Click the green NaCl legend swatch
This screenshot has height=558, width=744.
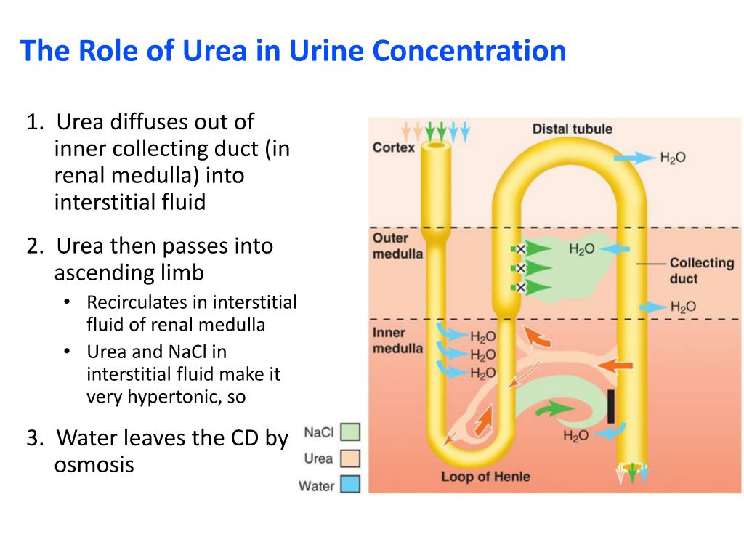coord(350,432)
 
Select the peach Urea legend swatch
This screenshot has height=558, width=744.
coord(350,458)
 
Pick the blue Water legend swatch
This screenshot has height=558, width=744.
coord(350,485)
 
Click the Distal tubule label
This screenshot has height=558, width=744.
coord(573,129)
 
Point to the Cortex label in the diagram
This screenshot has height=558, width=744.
coord(394,147)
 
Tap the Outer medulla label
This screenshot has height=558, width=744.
coord(397,246)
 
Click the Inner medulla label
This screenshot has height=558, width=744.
coord(397,340)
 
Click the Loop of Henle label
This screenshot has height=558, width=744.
coord(485,477)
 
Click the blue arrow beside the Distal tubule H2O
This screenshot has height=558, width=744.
coord(634,157)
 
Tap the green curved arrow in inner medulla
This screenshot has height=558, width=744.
coord(554,411)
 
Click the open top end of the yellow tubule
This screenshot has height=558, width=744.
coord(437,147)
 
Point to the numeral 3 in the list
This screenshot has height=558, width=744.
coord(32,438)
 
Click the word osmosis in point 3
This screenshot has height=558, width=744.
coord(94,465)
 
